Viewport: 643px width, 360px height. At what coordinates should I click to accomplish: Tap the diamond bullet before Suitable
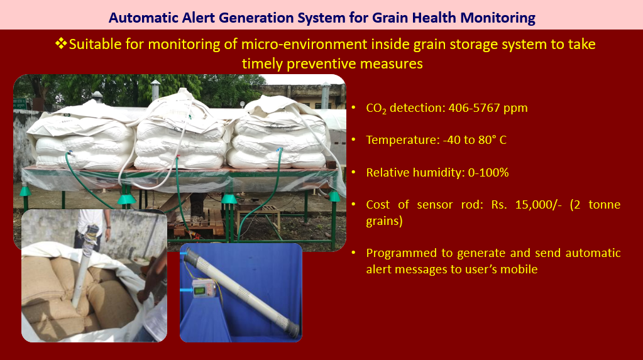coord(61,43)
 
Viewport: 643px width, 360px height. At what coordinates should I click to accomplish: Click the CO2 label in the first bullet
coord(376,108)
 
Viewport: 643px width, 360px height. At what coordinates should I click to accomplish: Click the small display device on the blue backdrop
coord(204,288)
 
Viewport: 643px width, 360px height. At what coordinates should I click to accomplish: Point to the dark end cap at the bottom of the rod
coord(292,330)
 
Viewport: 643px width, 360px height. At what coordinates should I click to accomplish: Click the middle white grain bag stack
coord(181,135)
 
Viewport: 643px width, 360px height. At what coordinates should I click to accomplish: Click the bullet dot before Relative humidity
coord(353,173)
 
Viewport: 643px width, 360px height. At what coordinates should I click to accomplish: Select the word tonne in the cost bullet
coord(604,205)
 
